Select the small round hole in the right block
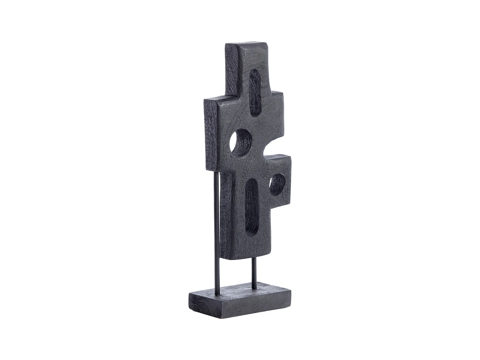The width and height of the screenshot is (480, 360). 277,185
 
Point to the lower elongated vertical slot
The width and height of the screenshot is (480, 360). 252,206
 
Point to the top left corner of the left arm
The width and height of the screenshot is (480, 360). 205,99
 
